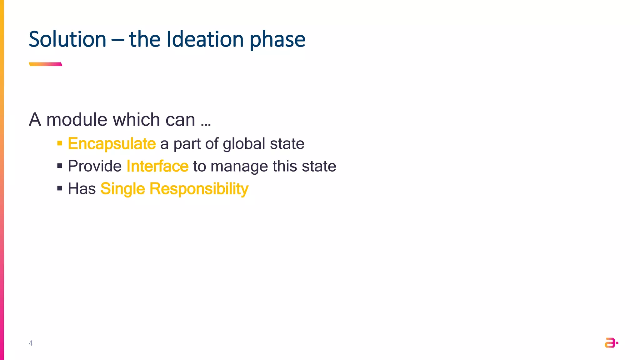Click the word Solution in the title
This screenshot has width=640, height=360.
tap(67, 39)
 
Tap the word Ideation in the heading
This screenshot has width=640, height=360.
tap(205, 39)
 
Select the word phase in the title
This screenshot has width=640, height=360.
tap(277, 40)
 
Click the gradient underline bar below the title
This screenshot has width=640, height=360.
tap(46, 64)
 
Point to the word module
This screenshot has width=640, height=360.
tap(77, 119)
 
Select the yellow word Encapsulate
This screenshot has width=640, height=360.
tap(112, 144)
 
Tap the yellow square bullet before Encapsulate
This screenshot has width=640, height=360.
tap(60, 143)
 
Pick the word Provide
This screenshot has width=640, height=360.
tap(95, 166)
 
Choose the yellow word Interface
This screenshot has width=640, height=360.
tap(157, 166)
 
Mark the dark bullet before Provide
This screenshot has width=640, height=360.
tap(60, 166)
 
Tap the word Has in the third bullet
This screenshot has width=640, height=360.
tap(82, 189)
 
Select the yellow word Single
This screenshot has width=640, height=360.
tap(123, 189)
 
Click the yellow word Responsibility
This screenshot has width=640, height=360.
tap(199, 189)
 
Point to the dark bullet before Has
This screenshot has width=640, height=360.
tap(60, 188)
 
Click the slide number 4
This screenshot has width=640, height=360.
tap(31, 343)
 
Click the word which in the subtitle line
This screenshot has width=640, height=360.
tap(137, 119)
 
